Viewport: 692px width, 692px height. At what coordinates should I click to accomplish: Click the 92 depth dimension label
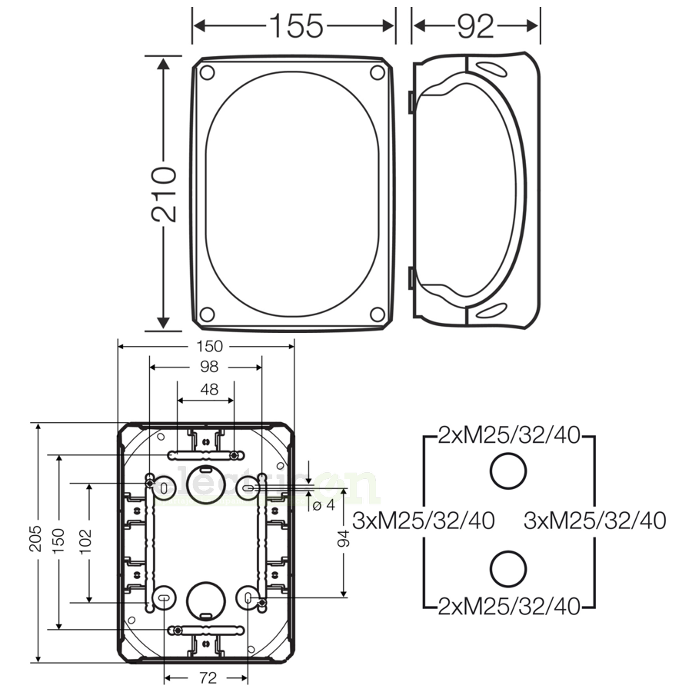pyautogui.click(x=475, y=25)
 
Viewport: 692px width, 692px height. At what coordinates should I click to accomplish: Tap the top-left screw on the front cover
pyautogui.click(x=206, y=72)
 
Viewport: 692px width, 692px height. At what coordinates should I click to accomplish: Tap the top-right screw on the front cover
pyautogui.click(x=377, y=72)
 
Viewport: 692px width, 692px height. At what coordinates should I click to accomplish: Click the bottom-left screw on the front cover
pyautogui.click(x=206, y=314)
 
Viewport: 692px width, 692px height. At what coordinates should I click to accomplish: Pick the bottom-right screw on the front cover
pyautogui.click(x=377, y=314)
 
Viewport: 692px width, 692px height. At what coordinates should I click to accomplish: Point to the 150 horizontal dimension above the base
pyautogui.click(x=205, y=347)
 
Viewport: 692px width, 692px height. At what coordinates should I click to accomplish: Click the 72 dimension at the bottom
pyautogui.click(x=205, y=678)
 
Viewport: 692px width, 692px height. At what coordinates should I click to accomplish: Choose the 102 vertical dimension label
pyautogui.click(x=85, y=543)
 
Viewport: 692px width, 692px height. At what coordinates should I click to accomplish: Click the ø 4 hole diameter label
pyautogui.click(x=324, y=505)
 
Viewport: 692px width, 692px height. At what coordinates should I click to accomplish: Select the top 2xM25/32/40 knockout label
pyautogui.click(x=508, y=436)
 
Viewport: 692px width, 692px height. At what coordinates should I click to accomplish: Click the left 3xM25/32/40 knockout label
pyautogui.click(x=424, y=521)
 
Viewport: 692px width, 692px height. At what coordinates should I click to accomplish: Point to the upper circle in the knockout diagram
pyautogui.click(x=508, y=471)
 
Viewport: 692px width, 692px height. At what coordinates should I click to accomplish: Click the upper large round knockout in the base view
pyautogui.click(x=205, y=482)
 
